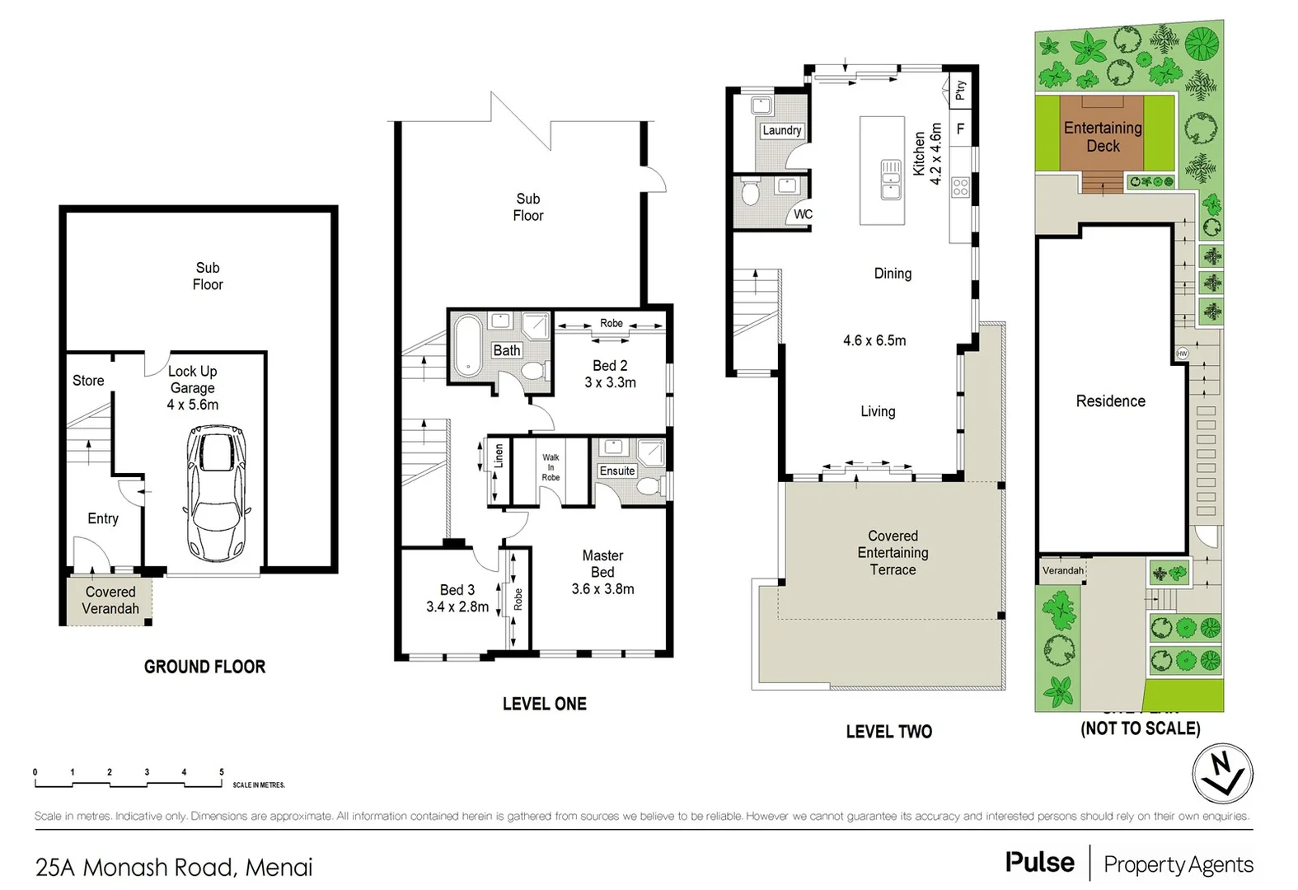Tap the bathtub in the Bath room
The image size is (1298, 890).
(x=467, y=345)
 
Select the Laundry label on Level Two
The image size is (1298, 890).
(x=781, y=130)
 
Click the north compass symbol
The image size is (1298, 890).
(x=1222, y=774)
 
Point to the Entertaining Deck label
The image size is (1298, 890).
(x=1103, y=137)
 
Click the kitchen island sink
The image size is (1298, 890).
(x=890, y=180)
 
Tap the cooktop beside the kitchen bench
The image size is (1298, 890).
(x=960, y=187)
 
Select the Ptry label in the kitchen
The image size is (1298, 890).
(x=960, y=90)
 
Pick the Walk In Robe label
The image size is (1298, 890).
(x=551, y=467)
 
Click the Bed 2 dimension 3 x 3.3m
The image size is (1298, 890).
(x=610, y=382)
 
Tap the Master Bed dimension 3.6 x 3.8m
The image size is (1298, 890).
(x=602, y=589)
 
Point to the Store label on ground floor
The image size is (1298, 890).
(x=88, y=381)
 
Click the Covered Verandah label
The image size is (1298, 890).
(x=110, y=600)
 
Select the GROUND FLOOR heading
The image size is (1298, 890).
(x=204, y=667)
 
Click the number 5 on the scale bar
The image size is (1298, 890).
(x=221, y=772)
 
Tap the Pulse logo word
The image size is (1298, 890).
(x=1039, y=863)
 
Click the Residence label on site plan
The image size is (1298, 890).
(x=1110, y=401)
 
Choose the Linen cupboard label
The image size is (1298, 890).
(x=499, y=457)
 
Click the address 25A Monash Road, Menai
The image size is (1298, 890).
(x=174, y=867)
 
